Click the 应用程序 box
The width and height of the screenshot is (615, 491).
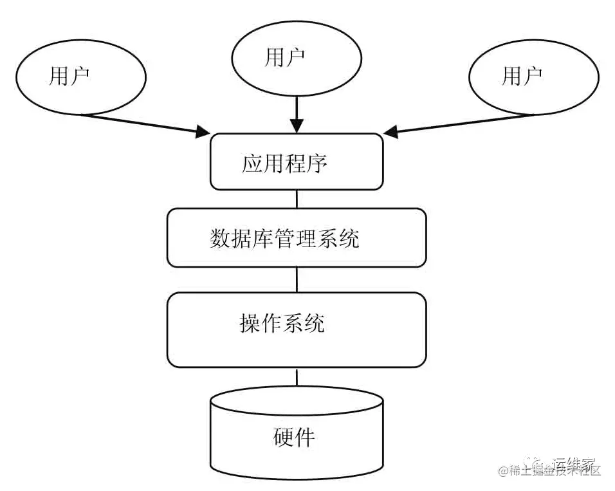297,162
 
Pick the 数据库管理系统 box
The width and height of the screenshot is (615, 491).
297,237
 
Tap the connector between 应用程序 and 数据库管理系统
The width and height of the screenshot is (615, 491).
297,199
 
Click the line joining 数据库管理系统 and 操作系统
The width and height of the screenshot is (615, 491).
297,279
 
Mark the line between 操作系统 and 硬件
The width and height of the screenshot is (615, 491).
297,377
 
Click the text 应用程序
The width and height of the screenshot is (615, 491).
285,163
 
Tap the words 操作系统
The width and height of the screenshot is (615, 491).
282,323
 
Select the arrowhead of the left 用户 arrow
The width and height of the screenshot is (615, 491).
205,133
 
